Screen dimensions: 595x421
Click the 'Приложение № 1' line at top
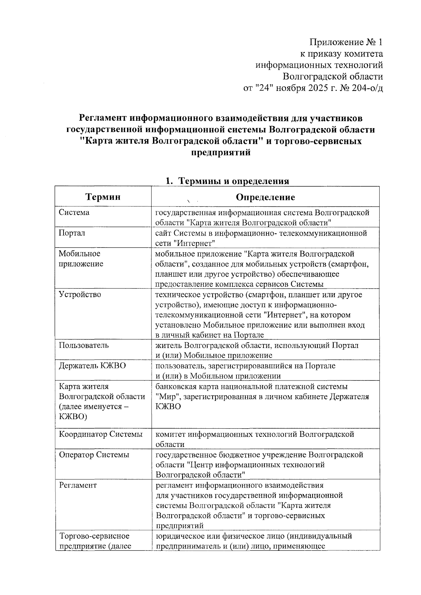(346, 42)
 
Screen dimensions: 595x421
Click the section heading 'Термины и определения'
(234, 181)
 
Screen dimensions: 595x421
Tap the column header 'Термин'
(103, 197)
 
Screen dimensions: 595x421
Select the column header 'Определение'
(265, 197)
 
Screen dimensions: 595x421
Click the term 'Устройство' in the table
(80, 294)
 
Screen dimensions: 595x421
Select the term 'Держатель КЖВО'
(92, 366)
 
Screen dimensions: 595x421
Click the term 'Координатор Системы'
(101, 434)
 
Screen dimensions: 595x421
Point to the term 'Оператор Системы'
(94, 455)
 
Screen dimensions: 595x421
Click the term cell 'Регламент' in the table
(78, 485)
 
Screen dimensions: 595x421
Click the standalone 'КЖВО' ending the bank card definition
(168, 407)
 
